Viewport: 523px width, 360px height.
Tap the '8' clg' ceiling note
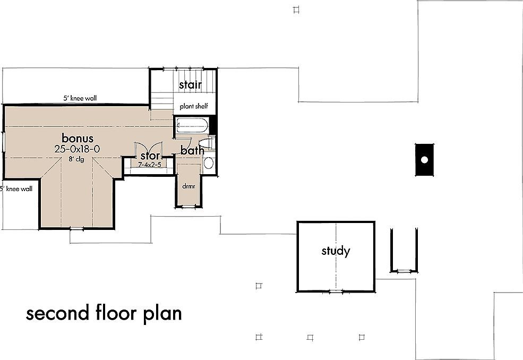pyautogui.click(x=76, y=160)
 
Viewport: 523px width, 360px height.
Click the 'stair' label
pyautogui.click(x=190, y=85)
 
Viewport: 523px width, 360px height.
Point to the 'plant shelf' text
pyautogui.click(x=193, y=107)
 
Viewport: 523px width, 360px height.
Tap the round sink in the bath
pyautogui.click(x=209, y=162)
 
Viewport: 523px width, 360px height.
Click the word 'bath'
pyautogui.click(x=192, y=151)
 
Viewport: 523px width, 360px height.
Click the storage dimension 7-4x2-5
pyautogui.click(x=149, y=165)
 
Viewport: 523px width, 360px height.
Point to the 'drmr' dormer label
pyautogui.click(x=188, y=186)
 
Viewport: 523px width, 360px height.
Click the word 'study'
pyautogui.click(x=336, y=251)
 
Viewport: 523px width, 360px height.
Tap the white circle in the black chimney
pyautogui.click(x=424, y=159)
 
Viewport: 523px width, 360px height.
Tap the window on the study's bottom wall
pyautogui.click(x=336, y=291)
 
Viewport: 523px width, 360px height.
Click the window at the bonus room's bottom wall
pyautogui.click(x=77, y=228)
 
